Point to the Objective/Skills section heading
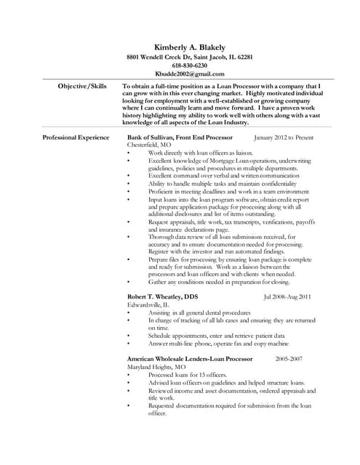pos(82,86)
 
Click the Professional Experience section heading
pos(76,137)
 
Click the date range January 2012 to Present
pos(284,137)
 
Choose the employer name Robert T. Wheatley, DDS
pos(168,296)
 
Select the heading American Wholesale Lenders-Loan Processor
pos(190,359)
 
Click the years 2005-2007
pos(289,359)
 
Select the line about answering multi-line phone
pos(218,344)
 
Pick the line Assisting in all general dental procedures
pos(199,312)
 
